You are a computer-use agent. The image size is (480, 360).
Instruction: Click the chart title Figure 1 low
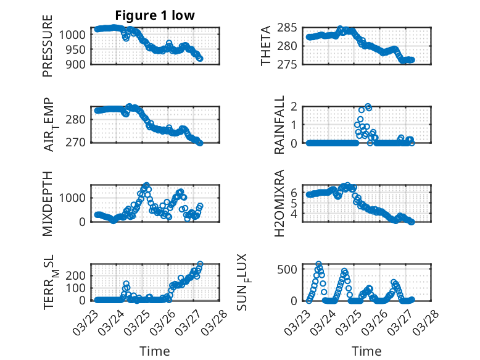point(154,15)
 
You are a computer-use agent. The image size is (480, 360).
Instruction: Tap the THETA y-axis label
point(266,46)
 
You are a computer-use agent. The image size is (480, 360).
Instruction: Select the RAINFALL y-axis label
point(279,124)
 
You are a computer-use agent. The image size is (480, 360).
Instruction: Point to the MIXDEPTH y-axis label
point(48,203)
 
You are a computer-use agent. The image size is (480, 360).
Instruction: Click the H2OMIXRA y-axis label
point(279,203)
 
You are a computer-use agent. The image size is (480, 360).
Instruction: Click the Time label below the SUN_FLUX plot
point(366,351)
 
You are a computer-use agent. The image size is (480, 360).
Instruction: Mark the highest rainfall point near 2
point(368,107)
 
